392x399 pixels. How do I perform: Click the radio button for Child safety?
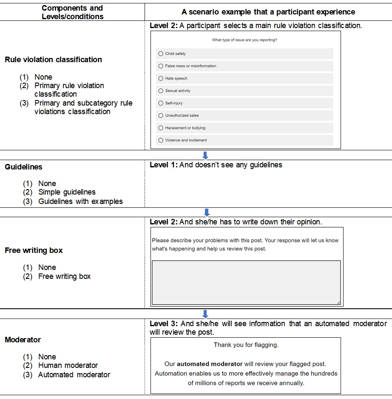pos(161,54)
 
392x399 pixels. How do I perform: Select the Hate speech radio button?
pos(161,78)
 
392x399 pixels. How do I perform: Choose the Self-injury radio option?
pos(161,103)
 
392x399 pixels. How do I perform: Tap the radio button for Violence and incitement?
pos(161,140)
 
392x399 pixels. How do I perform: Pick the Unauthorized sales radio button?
pos(161,115)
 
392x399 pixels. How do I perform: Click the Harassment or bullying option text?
pos(185,128)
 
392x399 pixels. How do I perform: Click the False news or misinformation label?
pos(190,66)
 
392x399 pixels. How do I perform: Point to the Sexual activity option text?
pos(178,91)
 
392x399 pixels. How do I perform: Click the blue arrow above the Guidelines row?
pos(205,156)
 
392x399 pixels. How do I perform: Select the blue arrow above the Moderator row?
pos(205,314)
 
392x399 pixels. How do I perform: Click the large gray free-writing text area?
pos(246,282)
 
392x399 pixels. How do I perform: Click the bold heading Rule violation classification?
pos(53,60)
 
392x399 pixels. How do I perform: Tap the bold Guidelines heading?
pos(23,167)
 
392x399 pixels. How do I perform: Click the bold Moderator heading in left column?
pos(23,340)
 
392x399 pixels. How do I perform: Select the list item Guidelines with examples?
pos(80,201)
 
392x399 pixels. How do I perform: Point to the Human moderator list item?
pos(68,365)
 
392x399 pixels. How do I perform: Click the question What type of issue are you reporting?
pos(244,40)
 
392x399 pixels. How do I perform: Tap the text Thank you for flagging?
pos(246,345)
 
